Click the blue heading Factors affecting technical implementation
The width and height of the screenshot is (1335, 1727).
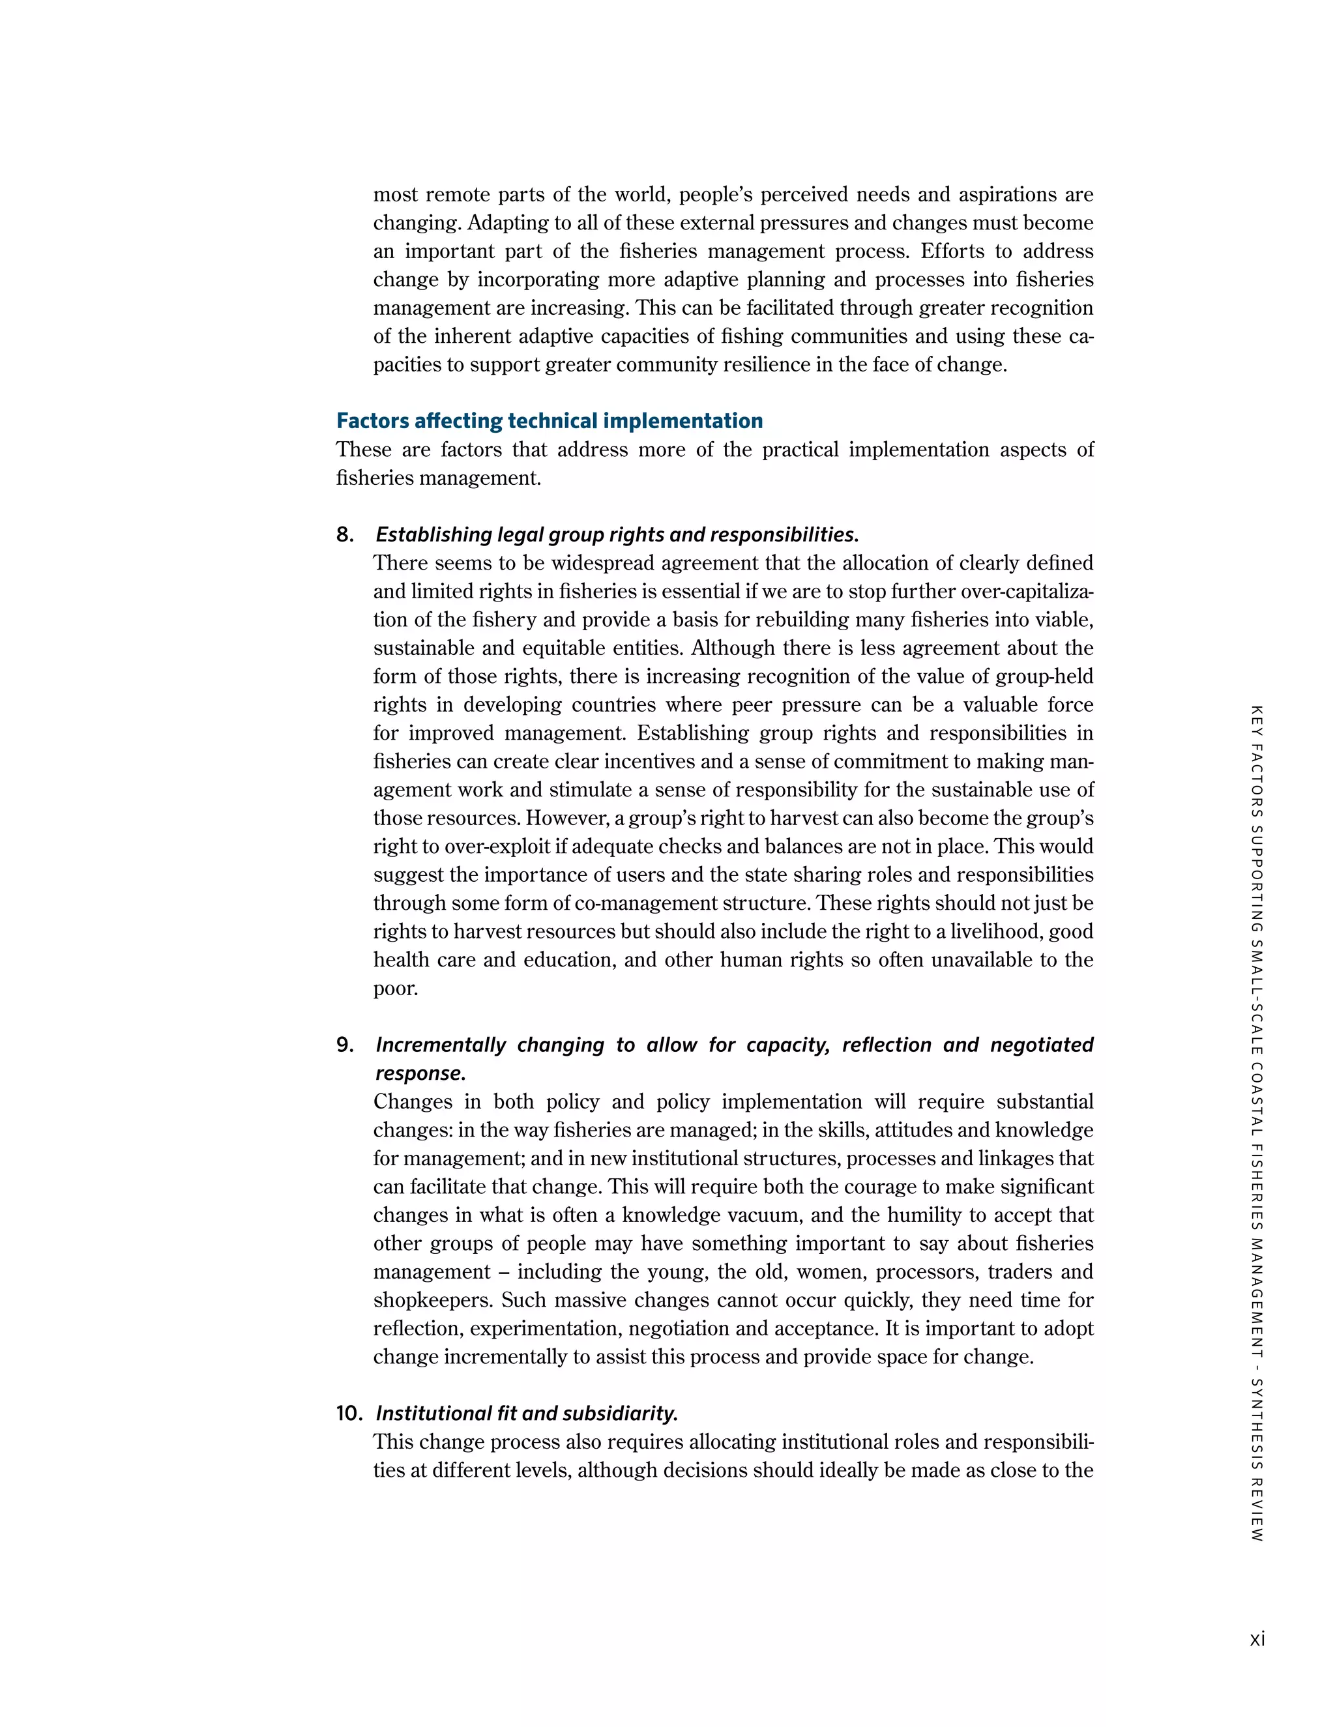point(549,421)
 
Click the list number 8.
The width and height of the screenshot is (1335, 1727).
point(345,535)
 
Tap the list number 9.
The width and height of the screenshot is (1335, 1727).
point(345,1045)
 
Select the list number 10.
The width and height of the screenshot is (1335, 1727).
point(349,1413)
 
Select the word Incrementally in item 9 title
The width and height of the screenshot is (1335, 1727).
point(440,1045)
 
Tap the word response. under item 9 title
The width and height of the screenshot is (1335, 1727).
point(420,1074)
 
